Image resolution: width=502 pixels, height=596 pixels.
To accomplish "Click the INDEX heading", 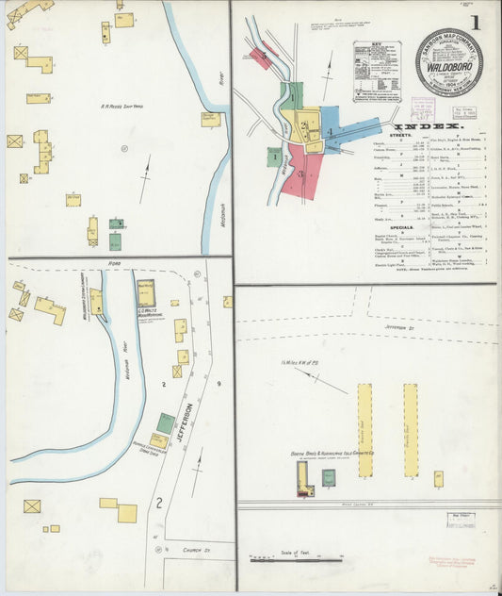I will point(428,125).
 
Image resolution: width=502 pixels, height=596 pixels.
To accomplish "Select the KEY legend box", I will point(376,71).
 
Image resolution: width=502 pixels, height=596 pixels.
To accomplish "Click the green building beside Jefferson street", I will point(165,423).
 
